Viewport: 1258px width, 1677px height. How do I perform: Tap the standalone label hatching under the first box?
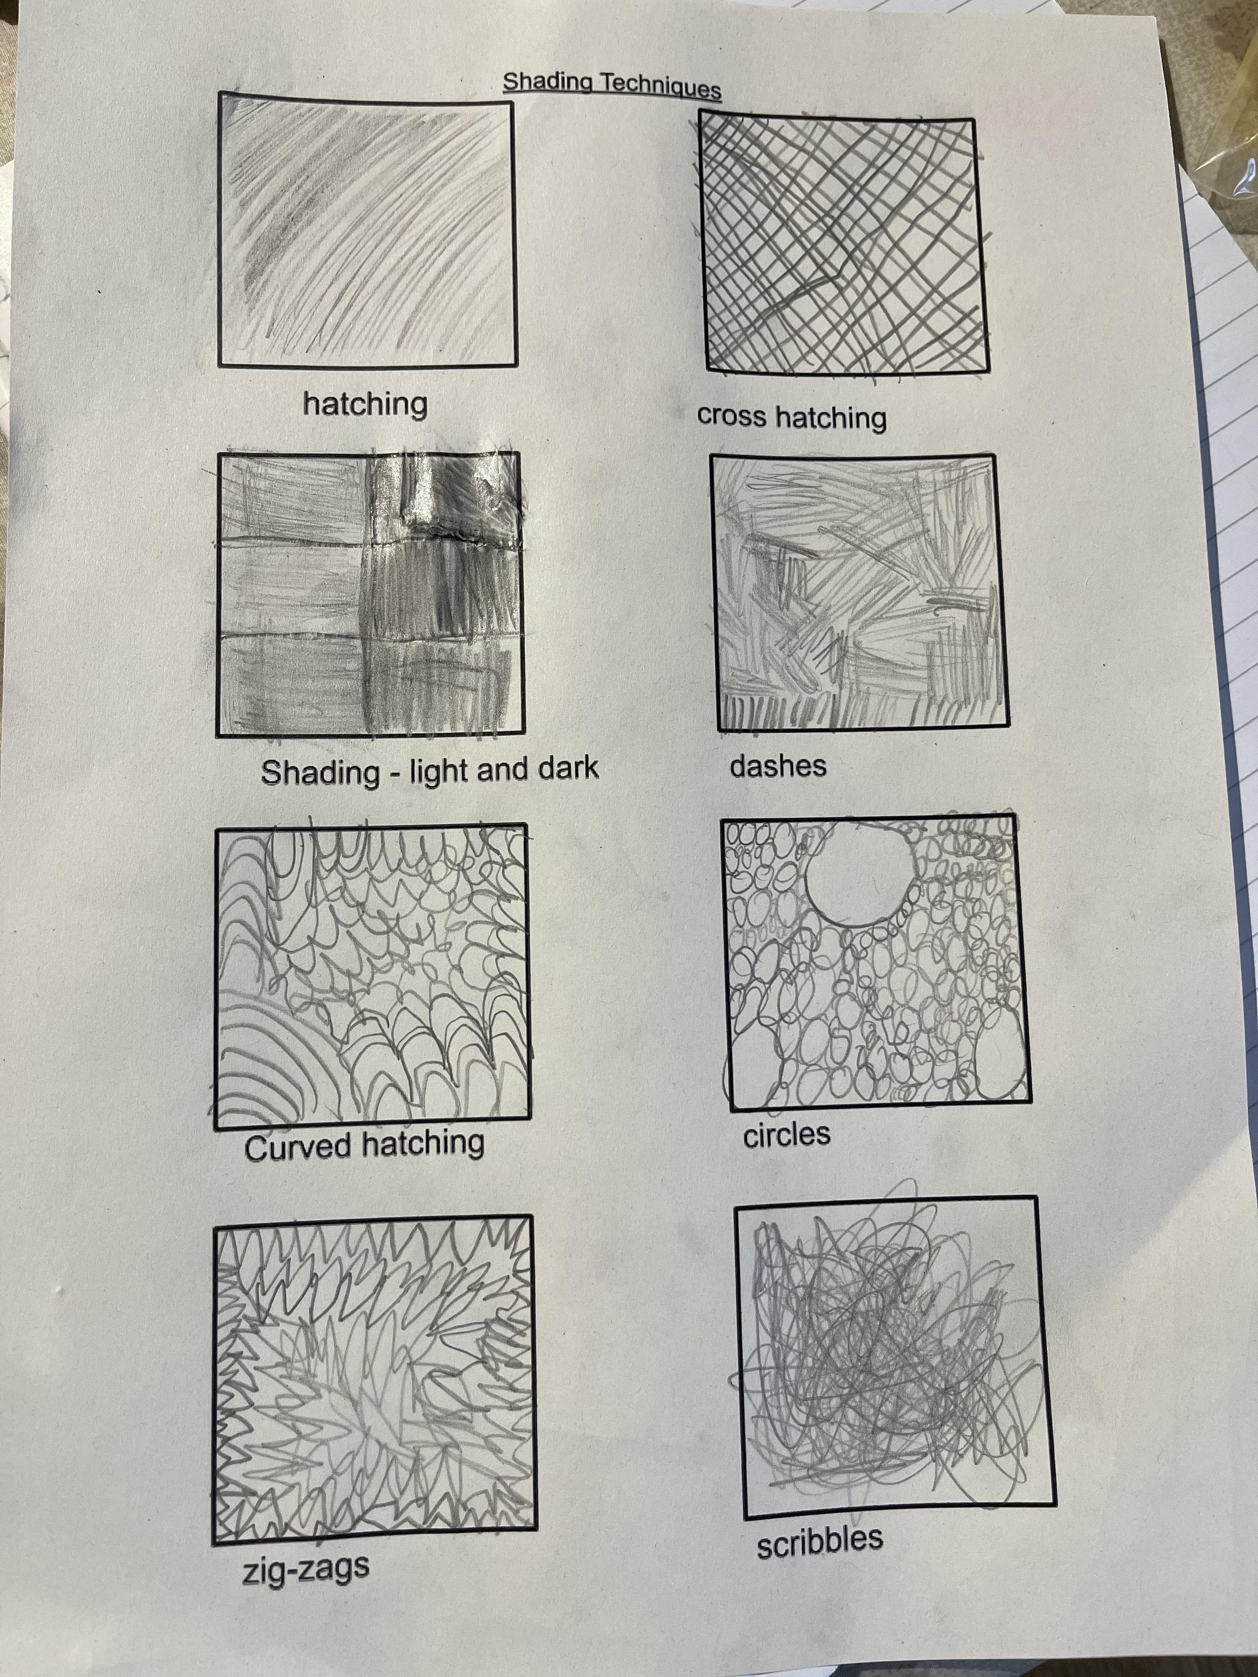coord(366,403)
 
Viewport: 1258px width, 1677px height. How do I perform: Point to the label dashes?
coord(778,766)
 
